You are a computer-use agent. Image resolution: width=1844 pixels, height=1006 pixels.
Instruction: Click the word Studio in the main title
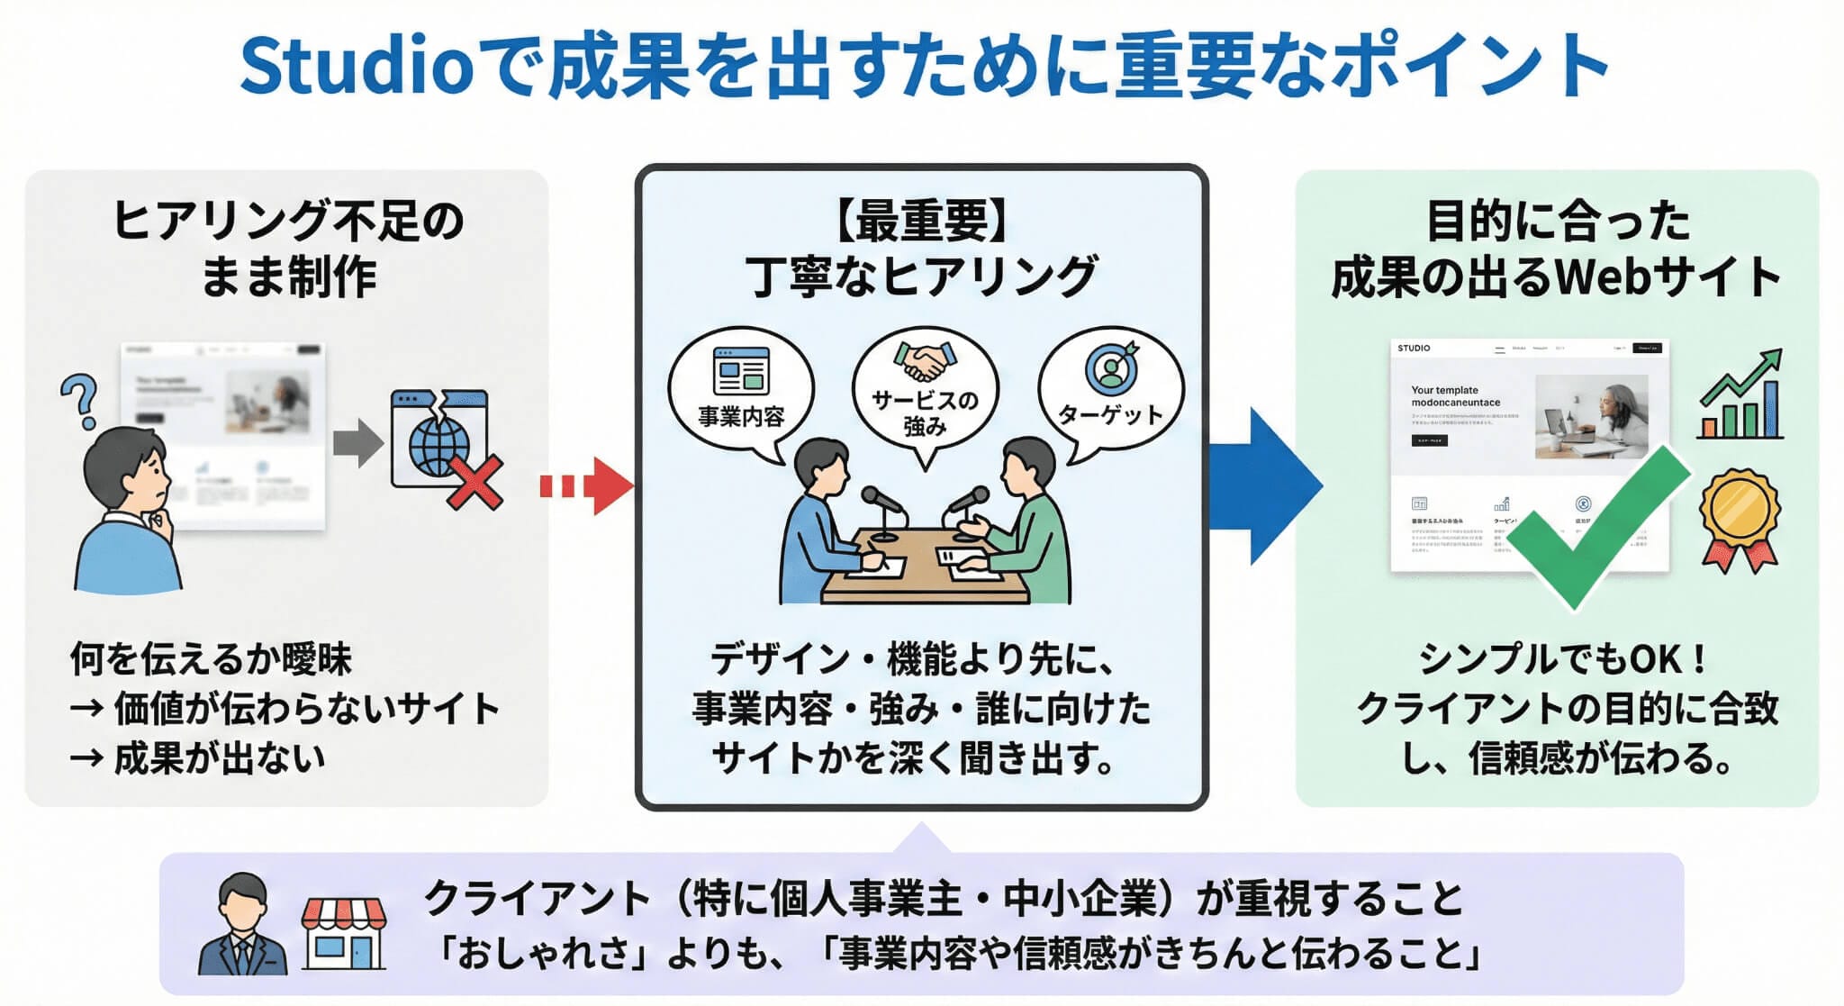point(356,67)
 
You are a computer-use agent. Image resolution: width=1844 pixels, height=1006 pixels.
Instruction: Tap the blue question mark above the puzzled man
point(79,400)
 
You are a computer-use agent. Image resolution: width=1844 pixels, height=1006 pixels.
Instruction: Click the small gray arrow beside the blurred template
point(357,442)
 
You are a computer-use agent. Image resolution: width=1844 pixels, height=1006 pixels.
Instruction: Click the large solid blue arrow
point(1265,486)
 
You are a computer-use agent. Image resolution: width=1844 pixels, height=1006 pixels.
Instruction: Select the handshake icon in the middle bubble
point(925,360)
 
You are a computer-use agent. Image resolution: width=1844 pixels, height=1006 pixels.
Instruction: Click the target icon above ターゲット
point(1112,367)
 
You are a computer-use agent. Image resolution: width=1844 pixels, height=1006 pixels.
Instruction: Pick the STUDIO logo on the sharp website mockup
point(1414,348)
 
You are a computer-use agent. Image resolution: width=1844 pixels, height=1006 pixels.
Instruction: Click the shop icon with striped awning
point(343,932)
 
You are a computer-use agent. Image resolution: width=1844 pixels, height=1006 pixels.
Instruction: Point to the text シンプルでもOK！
point(1562,659)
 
